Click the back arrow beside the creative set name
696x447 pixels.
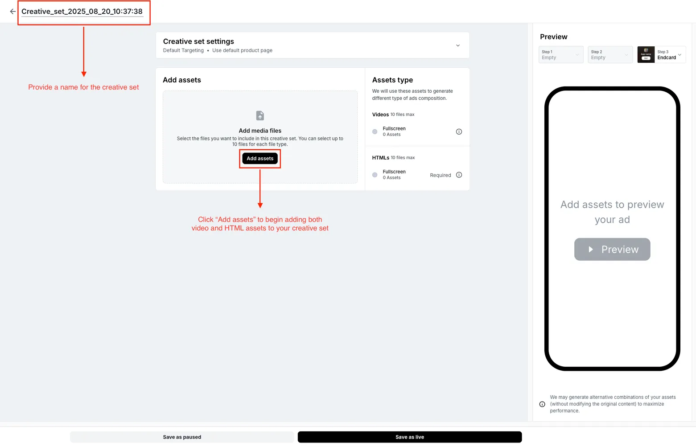12,12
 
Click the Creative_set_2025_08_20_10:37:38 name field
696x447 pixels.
82,12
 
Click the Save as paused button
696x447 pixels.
182,437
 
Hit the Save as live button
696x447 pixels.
409,437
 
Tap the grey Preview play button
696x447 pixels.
612,250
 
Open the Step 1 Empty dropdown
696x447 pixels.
560,55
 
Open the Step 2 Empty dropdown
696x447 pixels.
610,55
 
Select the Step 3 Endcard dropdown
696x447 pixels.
669,55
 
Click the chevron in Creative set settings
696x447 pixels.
457,45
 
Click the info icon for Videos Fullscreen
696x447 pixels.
459,131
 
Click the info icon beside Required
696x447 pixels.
459,175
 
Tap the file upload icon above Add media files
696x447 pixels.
260,116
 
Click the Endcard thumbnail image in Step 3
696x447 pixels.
646,55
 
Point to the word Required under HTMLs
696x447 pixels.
440,175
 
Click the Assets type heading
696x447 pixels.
392,80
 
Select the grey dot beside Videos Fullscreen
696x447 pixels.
375,131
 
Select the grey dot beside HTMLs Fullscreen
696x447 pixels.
375,175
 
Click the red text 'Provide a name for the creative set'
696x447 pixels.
83,87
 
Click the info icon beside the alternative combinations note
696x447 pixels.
542,404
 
